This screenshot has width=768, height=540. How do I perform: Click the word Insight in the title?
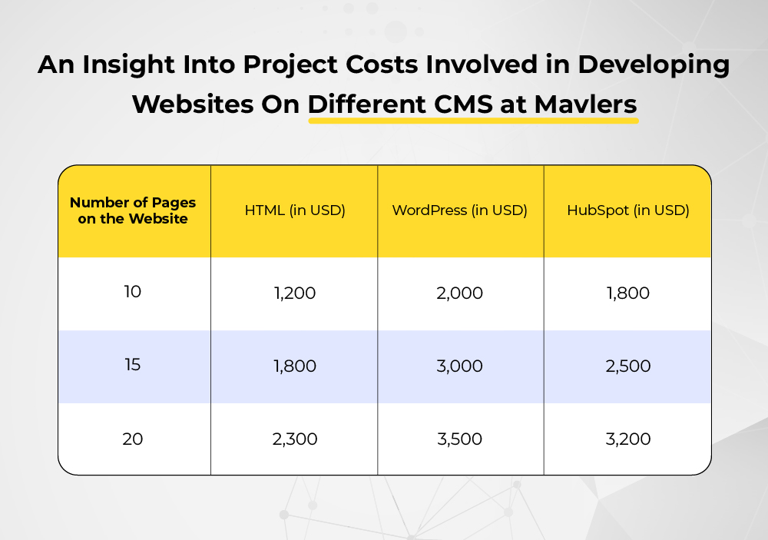128,65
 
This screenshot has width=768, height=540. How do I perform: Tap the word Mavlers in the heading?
585,104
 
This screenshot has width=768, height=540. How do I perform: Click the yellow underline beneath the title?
473,121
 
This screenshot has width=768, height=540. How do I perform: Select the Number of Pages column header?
133,210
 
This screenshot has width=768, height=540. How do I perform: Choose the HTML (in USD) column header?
295,210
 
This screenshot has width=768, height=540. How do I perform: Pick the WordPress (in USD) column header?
459,210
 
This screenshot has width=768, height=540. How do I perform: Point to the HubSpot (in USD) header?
628,210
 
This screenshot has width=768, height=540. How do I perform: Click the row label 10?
132,292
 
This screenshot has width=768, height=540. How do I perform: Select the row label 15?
132,365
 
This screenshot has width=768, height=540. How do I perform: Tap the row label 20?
132,439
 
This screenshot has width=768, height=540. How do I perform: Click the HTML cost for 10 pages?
295,293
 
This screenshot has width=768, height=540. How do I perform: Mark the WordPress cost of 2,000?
459,293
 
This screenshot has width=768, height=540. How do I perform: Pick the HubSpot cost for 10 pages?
628,293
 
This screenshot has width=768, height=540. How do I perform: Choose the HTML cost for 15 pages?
295,366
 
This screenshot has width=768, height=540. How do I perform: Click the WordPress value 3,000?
459,366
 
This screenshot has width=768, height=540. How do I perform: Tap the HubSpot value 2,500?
628,366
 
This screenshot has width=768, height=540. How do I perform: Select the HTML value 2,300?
295,439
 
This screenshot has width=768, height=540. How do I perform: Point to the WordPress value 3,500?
459,439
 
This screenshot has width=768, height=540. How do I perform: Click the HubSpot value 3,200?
628,439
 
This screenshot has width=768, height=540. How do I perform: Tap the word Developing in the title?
654,65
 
